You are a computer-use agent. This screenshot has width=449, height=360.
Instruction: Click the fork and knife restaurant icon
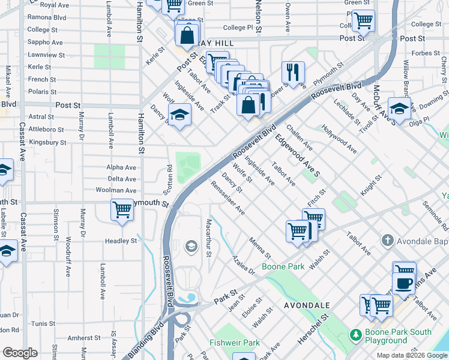coord(293,72)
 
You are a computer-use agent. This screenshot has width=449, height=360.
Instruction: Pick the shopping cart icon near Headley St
coord(122,211)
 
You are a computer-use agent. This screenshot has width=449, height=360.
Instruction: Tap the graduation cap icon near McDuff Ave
coord(399,108)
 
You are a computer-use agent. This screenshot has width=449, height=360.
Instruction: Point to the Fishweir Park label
coord(235,343)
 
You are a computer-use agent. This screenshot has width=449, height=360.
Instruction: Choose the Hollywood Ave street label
coord(339,139)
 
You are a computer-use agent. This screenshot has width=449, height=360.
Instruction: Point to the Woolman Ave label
coord(116,190)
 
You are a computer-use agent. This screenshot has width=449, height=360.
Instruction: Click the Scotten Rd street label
coord(170,180)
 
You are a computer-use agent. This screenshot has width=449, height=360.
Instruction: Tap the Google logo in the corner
coord(20,353)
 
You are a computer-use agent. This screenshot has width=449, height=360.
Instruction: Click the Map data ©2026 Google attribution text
coord(412,355)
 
